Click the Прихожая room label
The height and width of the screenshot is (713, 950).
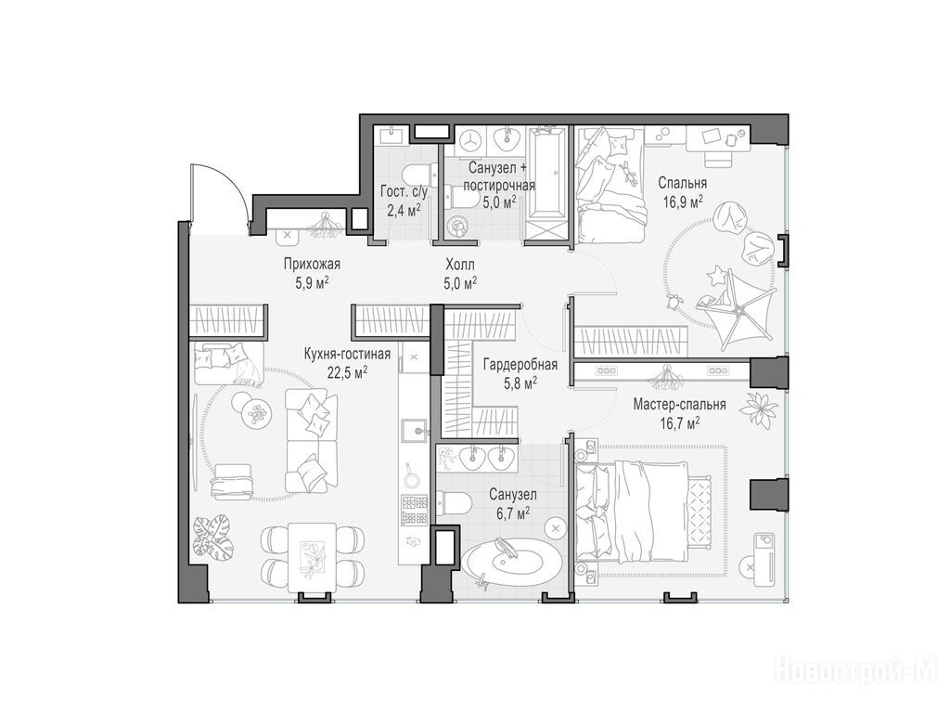tap(312, 265)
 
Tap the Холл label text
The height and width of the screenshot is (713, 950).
tap(460, 265)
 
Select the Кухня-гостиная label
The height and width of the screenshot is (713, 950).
tap(347, 354)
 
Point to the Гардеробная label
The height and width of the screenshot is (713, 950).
tap(520, 365)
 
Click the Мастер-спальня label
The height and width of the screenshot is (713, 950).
tap(680, 405)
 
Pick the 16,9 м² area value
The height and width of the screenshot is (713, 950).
tap(682, 201)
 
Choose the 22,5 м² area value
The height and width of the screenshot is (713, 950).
tap(347, 372)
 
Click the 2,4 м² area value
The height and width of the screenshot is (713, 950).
tap(404, 211)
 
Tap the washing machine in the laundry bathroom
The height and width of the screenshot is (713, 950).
tap(469, 141)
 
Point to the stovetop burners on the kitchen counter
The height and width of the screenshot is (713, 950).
tap(414, 510)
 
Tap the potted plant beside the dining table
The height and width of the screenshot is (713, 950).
tap(212, 535)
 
